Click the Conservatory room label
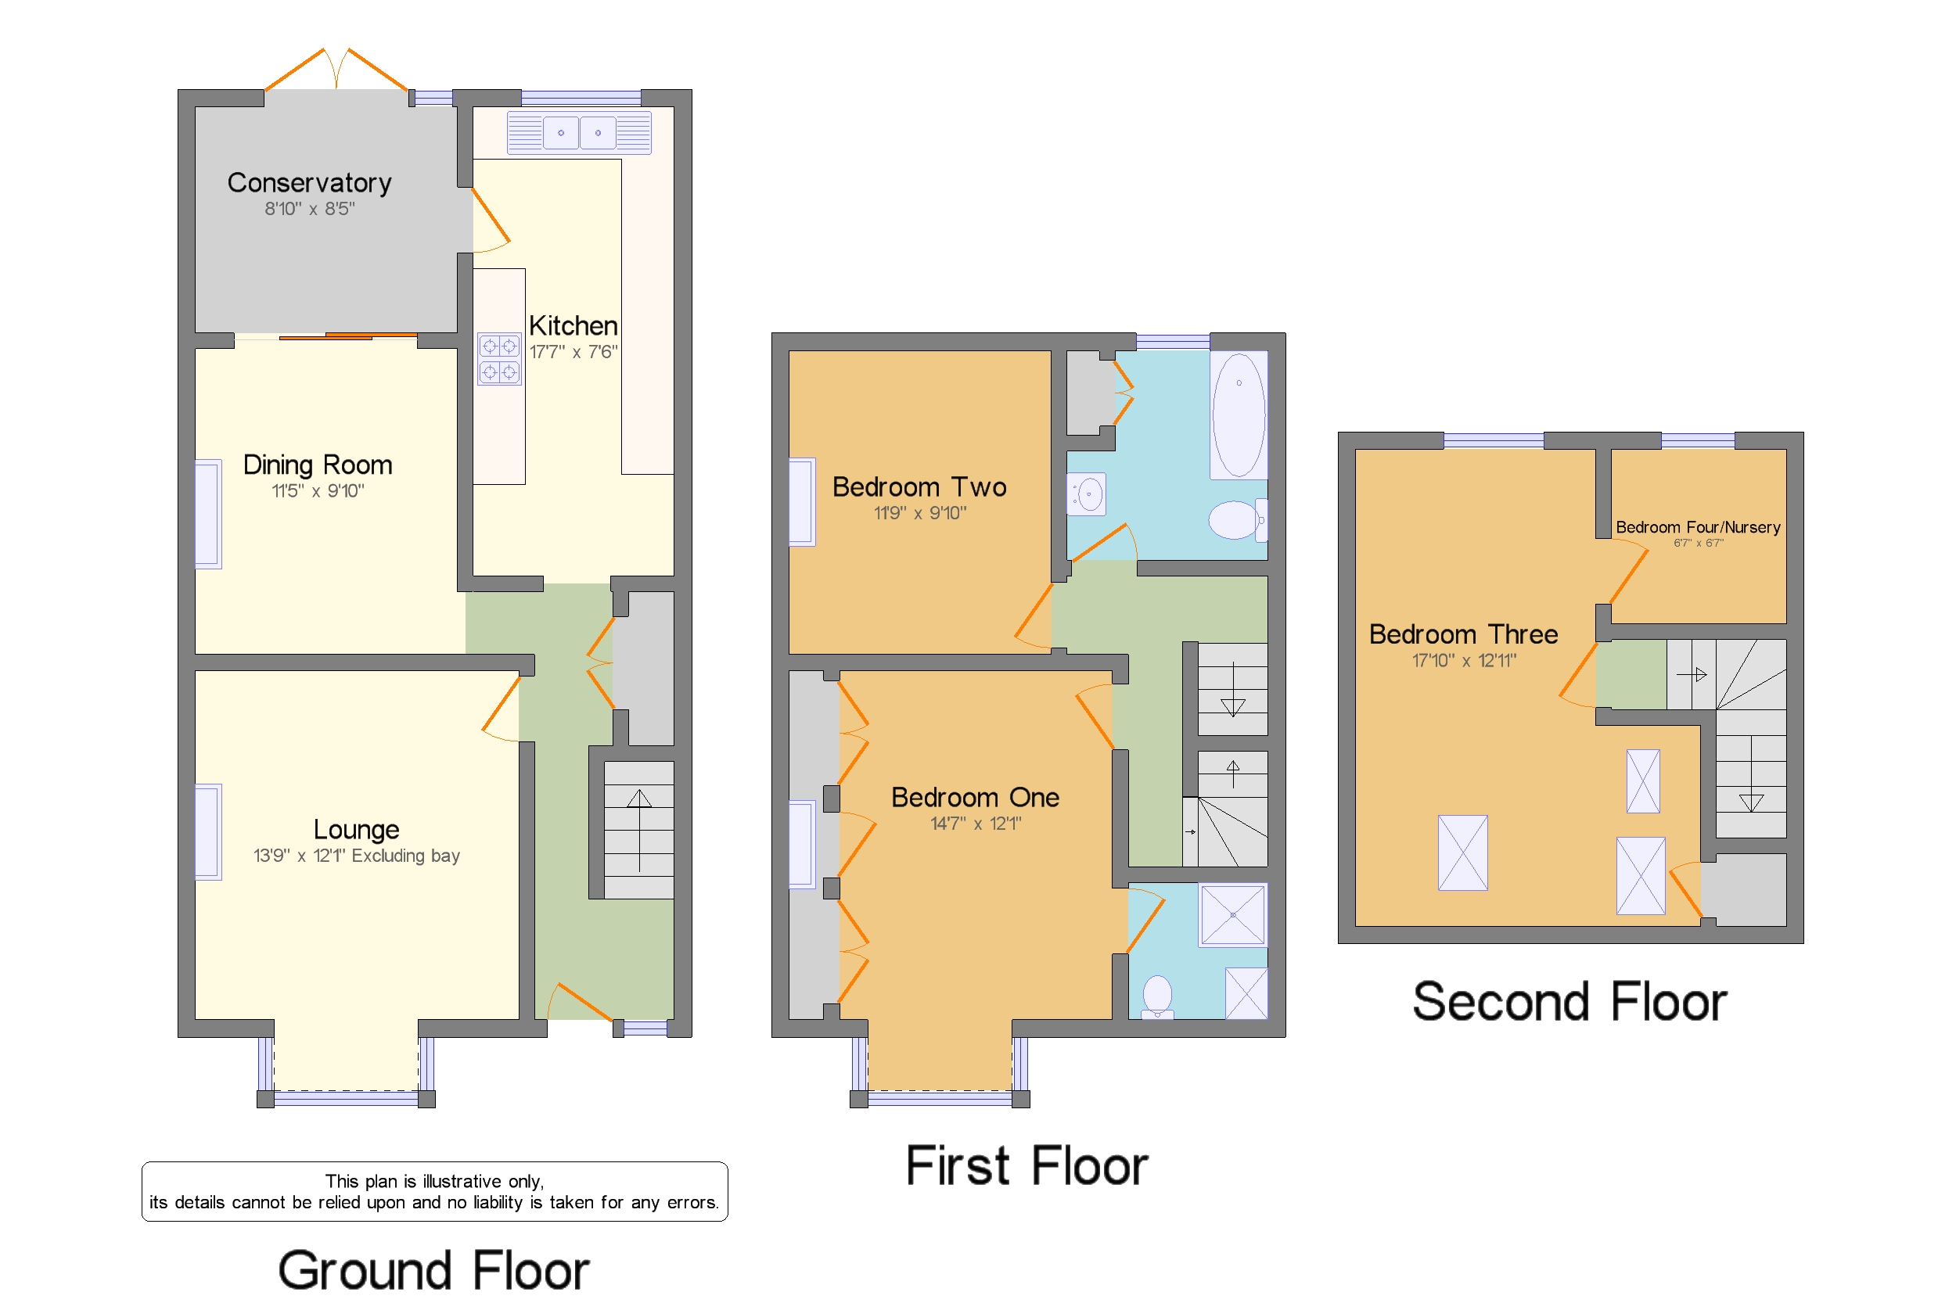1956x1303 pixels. [x=308, y=183]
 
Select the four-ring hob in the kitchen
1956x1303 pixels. [x=498, y=359]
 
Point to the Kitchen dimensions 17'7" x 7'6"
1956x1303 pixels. [x=573, y=352]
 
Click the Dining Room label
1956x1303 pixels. [x=317, y=465]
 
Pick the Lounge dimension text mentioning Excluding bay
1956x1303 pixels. [x=357, y=856]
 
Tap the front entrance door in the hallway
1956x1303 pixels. [x=584, y=1002]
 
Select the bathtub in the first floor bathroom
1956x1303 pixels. [x=1238, y=415]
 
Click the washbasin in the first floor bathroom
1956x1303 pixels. [x=1087, y=495]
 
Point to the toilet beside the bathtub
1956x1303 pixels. [x=1235, y=520]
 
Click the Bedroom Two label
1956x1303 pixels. [x=919, y=487]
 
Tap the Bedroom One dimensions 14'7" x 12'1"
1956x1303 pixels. [x=975, y=824]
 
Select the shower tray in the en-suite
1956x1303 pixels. [x=1232, y=915]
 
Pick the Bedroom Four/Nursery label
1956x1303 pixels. [x=1697, y=527]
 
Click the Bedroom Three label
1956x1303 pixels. [x=1462, y=634]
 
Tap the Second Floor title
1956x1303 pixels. [x=1569, y=1002]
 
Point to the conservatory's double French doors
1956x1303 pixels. [x=336, y=70]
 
